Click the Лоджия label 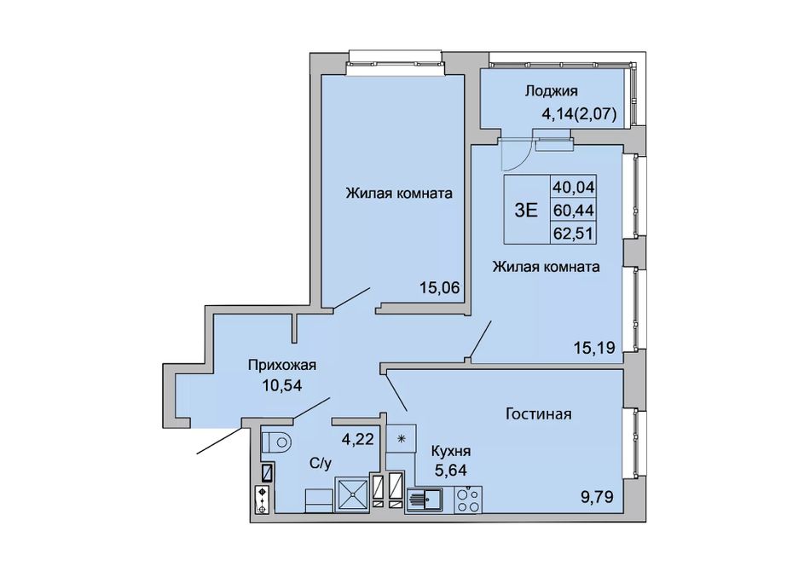551,91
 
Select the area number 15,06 440,288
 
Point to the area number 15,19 594,348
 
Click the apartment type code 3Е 526,210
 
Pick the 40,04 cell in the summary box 574,186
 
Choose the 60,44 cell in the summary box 574,210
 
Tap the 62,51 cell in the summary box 574,234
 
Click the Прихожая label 281,366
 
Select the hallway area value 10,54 282,385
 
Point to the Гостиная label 538,414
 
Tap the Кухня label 451,451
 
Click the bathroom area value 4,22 357,439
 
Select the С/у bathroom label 321,464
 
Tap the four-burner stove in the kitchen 468,500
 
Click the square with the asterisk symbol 401,439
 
